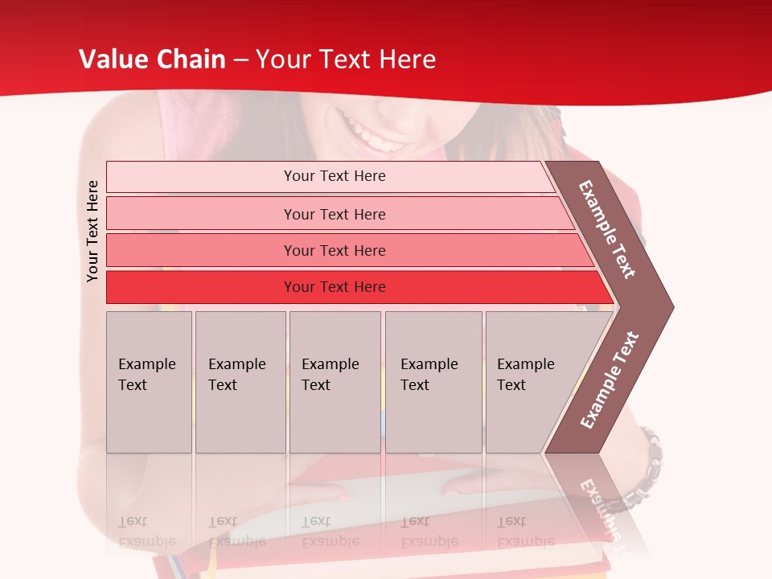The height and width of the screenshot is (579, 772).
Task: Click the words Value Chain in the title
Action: (152, 60)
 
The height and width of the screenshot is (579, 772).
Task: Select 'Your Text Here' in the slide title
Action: (346, 60)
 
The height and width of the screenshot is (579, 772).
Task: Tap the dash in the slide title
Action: (240, 60)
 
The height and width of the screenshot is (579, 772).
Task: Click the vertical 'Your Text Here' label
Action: (92, 231)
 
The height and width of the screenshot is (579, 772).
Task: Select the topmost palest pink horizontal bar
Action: (334, 176)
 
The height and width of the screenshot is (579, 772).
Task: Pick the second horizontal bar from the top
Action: (334, 214)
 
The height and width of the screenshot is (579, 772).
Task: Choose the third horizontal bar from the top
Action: (334, 250)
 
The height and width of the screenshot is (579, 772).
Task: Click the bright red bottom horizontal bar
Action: (334, 287)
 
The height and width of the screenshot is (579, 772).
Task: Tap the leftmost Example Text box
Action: (149, 382)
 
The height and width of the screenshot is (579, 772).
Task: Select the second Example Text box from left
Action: (240, 382)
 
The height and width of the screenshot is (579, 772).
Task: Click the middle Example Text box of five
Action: (335, 382)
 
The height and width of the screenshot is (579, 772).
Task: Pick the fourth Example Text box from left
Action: (433, 382)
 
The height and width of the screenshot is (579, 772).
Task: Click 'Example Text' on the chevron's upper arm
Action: (607, 229)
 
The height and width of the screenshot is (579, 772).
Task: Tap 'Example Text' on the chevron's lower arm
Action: (610, 380)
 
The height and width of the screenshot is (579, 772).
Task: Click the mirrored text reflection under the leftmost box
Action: (146, 532)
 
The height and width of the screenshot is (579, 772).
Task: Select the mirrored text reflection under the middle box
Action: (330, 532)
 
